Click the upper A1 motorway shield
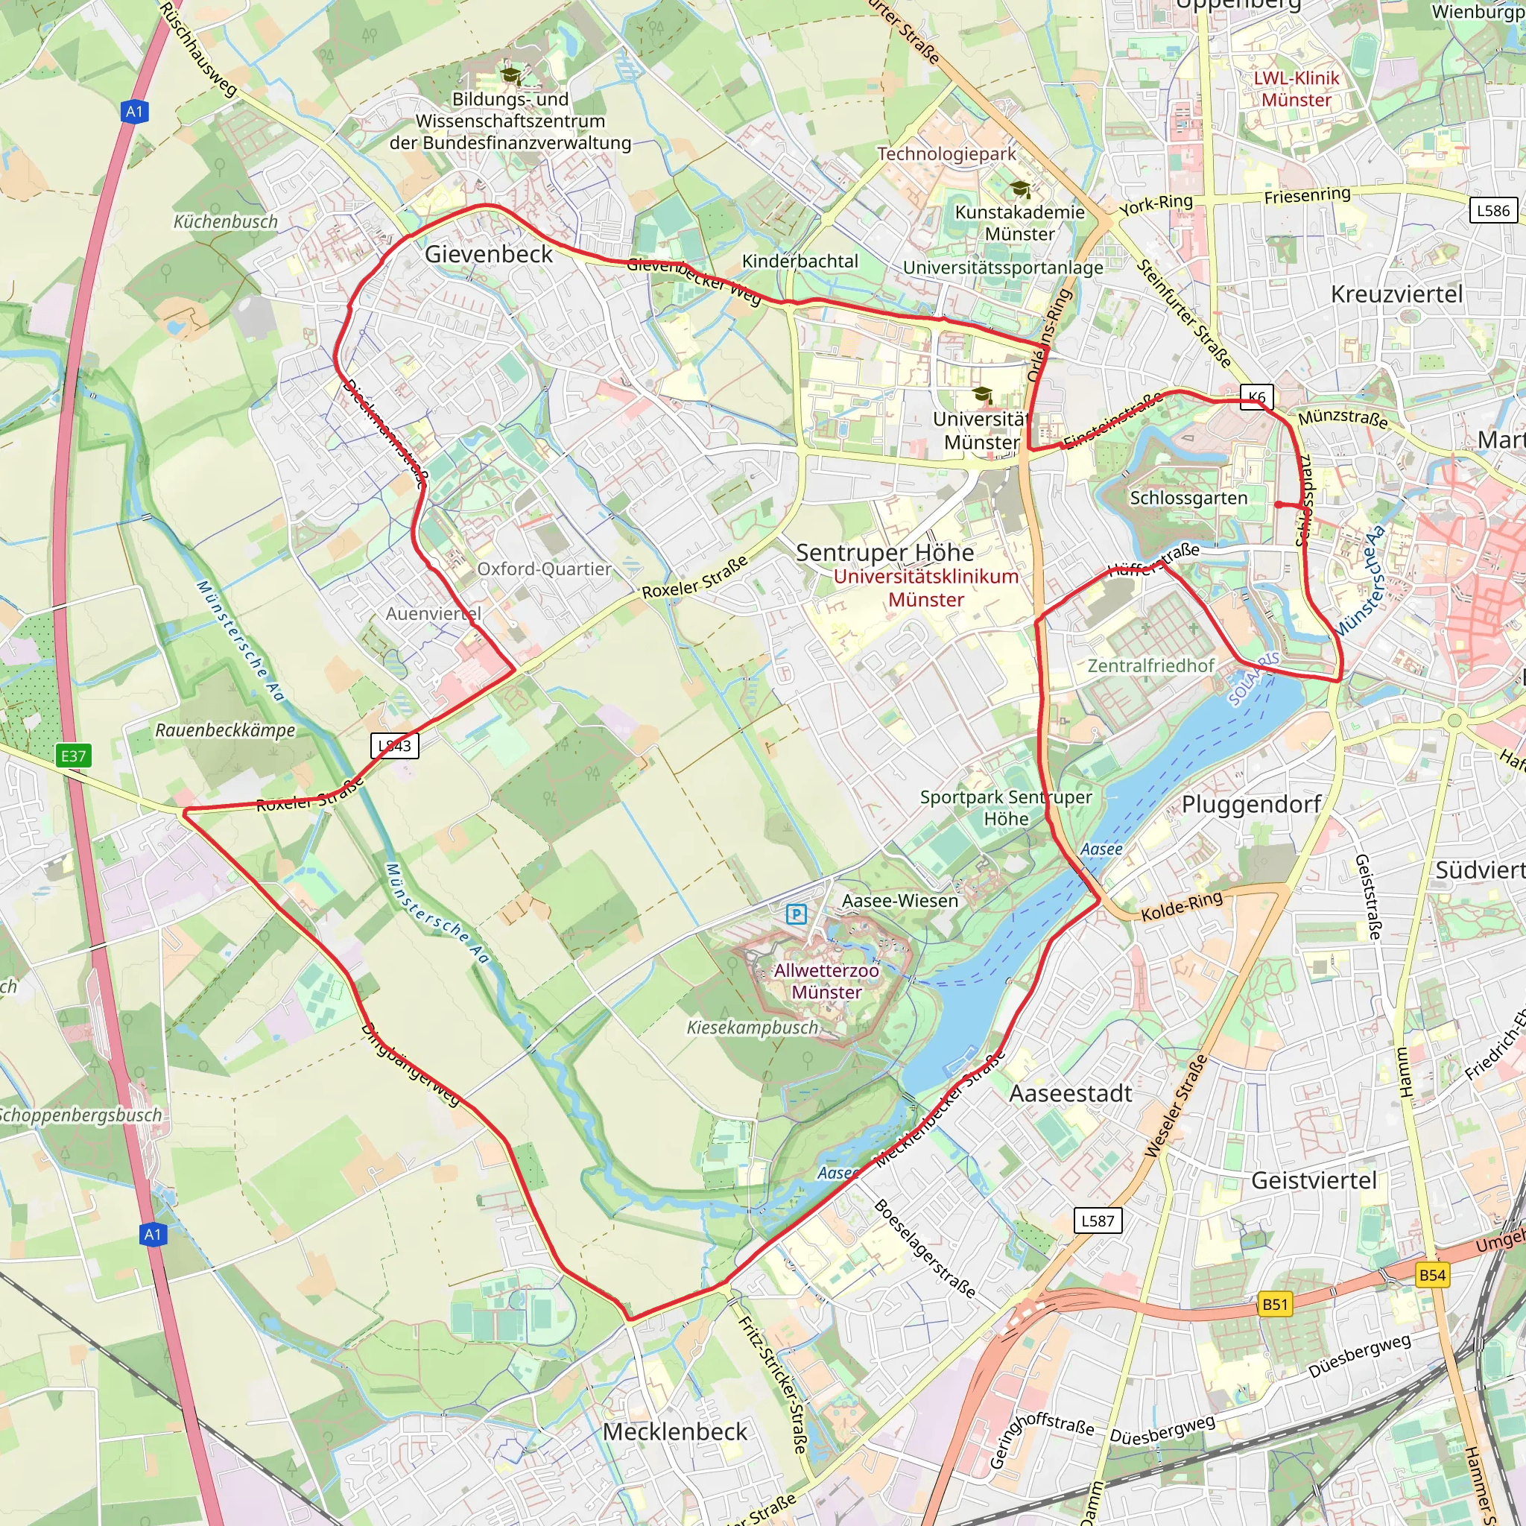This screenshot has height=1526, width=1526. click(135, 111)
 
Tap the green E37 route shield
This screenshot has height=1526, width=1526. click(74, 756)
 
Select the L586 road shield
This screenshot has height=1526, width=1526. click(1492, 210)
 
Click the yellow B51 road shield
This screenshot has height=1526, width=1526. click(1275, 1304)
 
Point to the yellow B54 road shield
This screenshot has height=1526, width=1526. click(1432, 1275)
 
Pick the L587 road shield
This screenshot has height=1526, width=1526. click(1098, 1221)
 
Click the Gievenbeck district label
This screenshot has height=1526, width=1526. click(489, 254)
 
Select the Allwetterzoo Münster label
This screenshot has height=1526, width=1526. click(826, 981)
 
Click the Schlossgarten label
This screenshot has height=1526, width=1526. click(1188, 498)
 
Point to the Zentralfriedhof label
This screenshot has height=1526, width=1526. click(1150, 666)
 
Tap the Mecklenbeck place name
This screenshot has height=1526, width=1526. click(674, 1432)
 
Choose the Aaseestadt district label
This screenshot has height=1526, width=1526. click(1071, 1093)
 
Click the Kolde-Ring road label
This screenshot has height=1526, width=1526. click(1182, 906)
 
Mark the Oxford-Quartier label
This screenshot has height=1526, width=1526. click(544, 569)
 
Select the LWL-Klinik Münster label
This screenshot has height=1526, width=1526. click(1297, 89)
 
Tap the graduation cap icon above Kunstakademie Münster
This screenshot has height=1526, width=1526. click(1021, 189)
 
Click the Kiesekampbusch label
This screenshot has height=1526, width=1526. click(752, 1028)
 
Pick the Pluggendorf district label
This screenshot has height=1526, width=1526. click(1251, 804)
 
